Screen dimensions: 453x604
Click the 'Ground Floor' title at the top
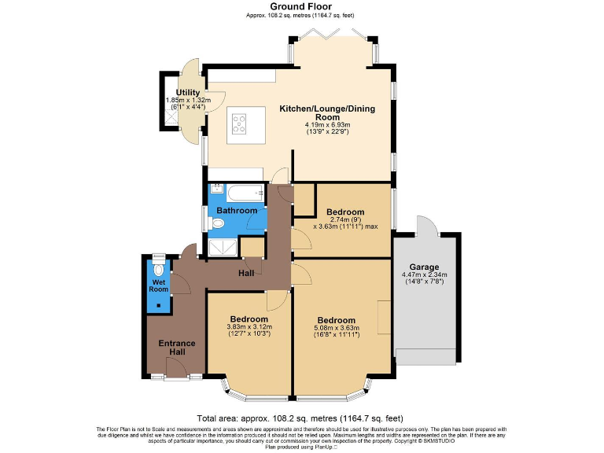301,6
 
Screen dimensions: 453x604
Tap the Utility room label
188,93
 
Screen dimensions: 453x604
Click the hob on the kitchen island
239,123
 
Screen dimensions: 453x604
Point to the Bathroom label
237,211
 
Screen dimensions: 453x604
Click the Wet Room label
159,285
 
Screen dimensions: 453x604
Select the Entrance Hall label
176,348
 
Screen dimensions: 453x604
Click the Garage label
425,267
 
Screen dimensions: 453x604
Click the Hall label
246,273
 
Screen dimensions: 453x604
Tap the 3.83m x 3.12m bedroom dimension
249,326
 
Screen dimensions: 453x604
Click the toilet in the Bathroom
218,224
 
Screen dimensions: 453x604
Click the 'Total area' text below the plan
301,418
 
